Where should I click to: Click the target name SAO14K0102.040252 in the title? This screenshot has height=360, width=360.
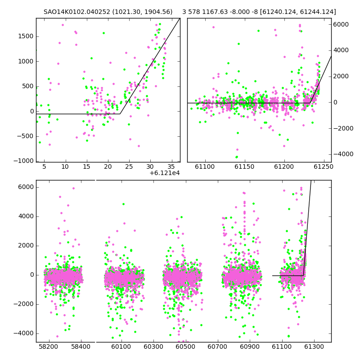click(x=77, y=12)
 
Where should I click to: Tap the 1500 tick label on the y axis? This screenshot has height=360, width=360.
click(x=26, y=36)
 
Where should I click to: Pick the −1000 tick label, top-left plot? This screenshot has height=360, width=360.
click(x=23, y=161)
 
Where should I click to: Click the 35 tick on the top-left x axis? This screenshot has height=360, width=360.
click(x=171, y=166)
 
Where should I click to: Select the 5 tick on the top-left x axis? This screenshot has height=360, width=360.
click(x=44, y=166)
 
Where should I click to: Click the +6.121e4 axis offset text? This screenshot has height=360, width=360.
click(x=164, y=173)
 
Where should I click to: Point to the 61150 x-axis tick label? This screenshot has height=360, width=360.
click(x=244, y=166)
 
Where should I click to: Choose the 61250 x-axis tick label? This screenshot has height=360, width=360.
click(x=324, y=166)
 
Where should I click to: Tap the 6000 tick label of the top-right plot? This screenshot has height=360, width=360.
click(x=341, y=24)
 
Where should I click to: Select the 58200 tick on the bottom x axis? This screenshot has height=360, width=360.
click(x=48, y=346)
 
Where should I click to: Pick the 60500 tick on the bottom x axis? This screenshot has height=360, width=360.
click(x=185, y=346)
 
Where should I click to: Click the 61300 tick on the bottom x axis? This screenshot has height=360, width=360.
click(x=314, y=346)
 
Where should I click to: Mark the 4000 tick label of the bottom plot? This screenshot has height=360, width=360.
click(x=26, y=216)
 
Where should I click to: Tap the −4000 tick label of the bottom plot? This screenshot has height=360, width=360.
click(x=23, y=333)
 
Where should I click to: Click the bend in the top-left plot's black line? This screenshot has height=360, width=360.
click(x=120, y=114)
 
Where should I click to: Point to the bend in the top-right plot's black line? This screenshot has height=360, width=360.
click(x=310, y=103)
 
